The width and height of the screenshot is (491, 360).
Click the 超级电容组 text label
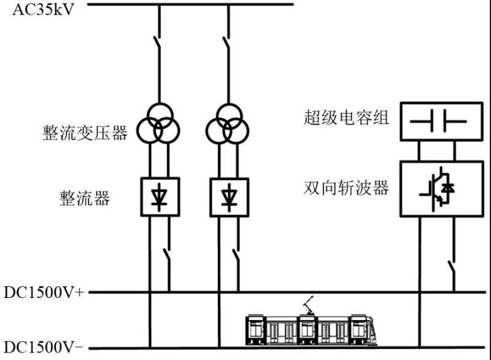(346, 117)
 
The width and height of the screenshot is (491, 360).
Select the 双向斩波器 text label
(346, 187)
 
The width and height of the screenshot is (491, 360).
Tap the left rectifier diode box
(160, 197)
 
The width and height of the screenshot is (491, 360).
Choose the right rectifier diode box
(229, 197)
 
